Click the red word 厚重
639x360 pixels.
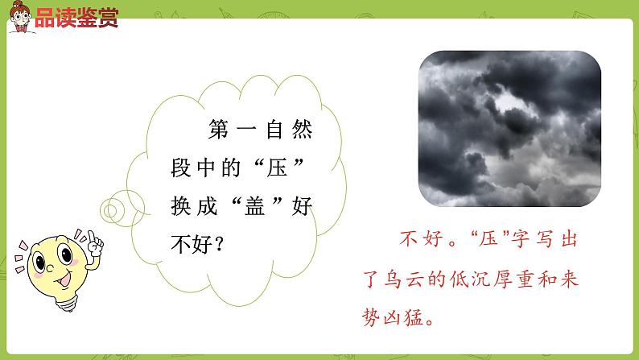tap(526, 279)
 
